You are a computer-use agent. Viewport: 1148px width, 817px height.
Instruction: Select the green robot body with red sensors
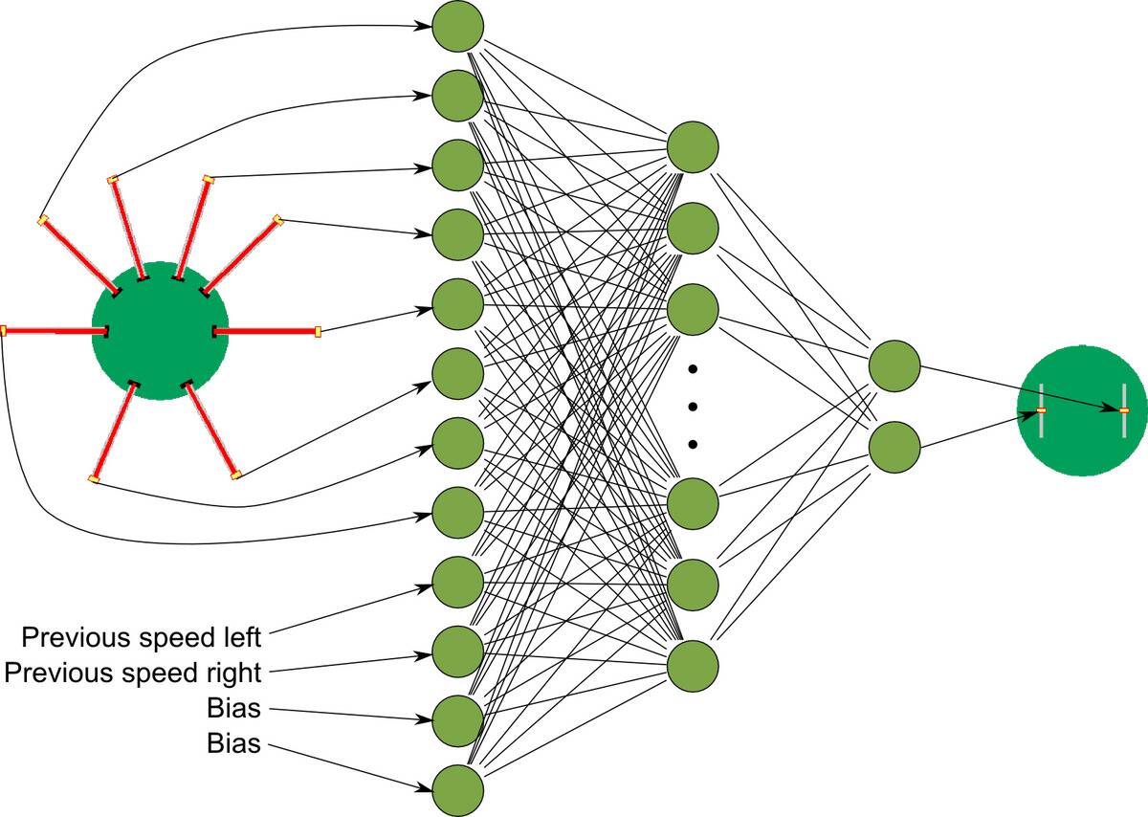[x=160, y=330]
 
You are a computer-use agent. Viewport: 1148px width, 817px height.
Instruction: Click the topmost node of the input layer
[x=458, y=25]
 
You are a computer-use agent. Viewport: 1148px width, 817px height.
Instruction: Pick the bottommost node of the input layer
[x=458, y=790]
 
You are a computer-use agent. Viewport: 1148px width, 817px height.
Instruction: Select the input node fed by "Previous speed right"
[x=458, y=651]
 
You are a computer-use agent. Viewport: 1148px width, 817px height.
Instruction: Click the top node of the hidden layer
[x=693, y=146]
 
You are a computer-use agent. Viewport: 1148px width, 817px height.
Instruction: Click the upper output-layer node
[x=894, y=364]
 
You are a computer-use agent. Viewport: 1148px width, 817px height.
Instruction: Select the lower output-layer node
[x=894, y=445]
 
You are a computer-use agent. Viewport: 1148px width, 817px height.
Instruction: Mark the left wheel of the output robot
[x=1041, y=410]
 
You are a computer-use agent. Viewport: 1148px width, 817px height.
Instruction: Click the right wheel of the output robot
[x=1125, y=410]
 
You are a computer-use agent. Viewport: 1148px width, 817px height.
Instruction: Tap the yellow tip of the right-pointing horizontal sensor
[x=318, y=332]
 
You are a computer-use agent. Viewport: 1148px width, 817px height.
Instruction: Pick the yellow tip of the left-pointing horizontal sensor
[x=4, y=331]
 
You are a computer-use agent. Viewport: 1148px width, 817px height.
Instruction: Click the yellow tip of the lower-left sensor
[x=93, y=478]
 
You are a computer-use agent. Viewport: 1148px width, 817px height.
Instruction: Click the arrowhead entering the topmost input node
[x=422, y=26]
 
